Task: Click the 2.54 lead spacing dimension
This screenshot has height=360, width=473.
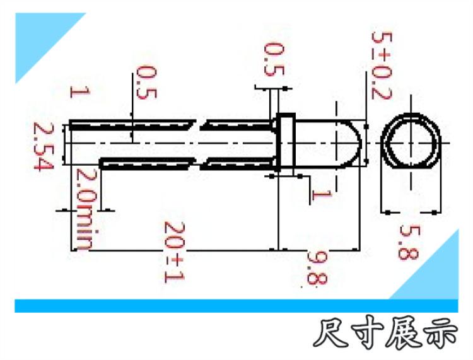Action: [x=44, y=146]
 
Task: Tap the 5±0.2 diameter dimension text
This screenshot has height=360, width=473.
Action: [x=382, y=66]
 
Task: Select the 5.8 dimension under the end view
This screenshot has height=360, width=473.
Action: [x=409, y=243]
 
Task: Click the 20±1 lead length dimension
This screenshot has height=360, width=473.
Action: [x=174, y=252]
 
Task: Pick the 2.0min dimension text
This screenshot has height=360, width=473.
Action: [x=86, y=209]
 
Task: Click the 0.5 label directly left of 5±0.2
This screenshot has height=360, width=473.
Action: [x=274, y=60]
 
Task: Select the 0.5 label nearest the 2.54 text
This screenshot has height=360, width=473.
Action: [x=146, y=83]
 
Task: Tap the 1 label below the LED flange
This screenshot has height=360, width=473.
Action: [x=321, y=195]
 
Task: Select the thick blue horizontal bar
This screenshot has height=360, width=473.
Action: [x=237, y=306]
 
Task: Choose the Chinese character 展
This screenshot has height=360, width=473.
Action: [x=404, y=334]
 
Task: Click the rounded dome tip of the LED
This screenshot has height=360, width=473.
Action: [x=361, y=142]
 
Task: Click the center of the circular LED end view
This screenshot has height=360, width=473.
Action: [x=411, y=143]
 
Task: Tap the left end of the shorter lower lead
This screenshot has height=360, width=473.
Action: [x=101, y=164]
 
